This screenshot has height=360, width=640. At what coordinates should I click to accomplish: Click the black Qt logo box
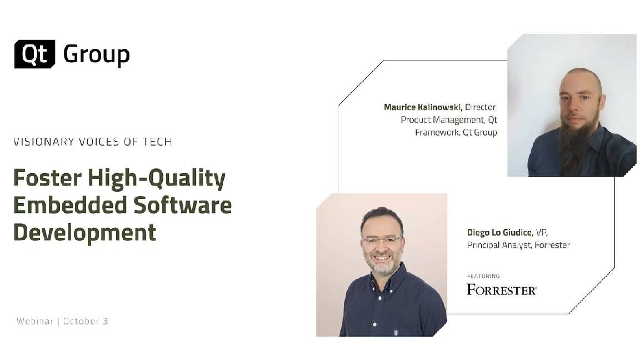pyautogui.click(x=34, y=54)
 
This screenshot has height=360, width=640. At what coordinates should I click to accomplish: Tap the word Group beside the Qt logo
pyautogui.click(x=96, y=54)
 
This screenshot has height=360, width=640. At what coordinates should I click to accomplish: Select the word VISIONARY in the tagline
pyautogui.click(x=43, y=142)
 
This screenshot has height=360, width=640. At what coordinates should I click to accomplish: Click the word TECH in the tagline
pyautogui.click(x=156, y=142)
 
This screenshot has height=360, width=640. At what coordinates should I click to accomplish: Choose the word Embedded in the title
pyautogui.click(x=68, y=205)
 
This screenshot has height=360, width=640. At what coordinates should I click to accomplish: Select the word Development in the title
pyautogui.click(x=84, y=231)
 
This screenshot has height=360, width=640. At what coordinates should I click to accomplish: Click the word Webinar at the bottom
pyautogui.click(x=34, y=321)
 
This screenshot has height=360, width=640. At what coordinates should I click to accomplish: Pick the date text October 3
pyautogui.click(x=86, y=321)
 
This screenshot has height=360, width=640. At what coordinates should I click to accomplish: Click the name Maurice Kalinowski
pyautogui.click(x=423, y=107)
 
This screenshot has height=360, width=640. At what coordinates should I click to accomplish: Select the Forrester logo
pyautogui.click(x=501, y=289)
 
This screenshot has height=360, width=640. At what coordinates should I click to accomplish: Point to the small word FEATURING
pyautogui.click(x=483, y=276)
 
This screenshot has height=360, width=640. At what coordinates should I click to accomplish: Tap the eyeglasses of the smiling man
pyautogui.click(x=382, y=240)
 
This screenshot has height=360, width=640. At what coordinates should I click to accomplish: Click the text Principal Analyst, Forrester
pyautogui.click(x=518, y=245)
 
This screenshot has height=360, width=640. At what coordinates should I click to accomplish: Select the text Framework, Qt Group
pyautogui.click(x=456, y=132)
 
